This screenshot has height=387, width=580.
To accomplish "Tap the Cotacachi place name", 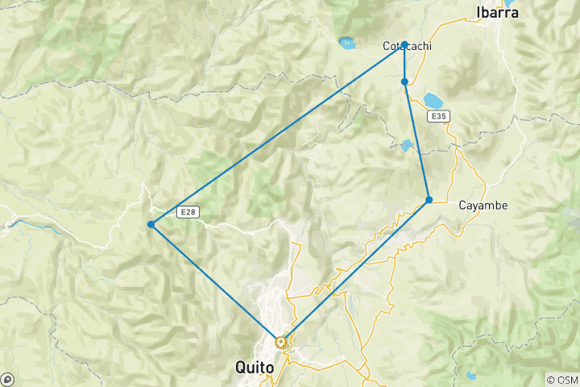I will [x=406, y=47].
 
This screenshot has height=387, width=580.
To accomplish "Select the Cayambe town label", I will [x=483, y=206].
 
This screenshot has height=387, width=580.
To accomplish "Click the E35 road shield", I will [x=438, y=117].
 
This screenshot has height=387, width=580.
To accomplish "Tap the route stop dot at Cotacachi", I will [x=404, y=44].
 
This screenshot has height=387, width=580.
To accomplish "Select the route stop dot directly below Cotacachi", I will [x=404, y=81].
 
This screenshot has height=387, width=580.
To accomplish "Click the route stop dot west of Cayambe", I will [x=429, y=199].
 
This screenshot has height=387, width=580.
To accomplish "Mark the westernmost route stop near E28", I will [x=151, y=224].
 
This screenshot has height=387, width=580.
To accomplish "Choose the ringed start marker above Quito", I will [x=281, y=342].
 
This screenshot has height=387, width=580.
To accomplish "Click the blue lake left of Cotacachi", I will [x=347, y=43].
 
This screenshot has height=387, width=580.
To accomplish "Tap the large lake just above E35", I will [x=433, y=101].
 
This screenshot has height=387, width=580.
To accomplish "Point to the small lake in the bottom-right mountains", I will [x=470, y=375].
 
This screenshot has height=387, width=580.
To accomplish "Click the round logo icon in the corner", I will [x=7, y=379].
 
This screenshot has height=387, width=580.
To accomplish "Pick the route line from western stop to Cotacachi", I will [x=278, y=134].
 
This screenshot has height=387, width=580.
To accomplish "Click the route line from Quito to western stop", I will [x=216, y=283].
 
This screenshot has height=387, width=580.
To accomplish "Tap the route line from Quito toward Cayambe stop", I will [x=354, y=271].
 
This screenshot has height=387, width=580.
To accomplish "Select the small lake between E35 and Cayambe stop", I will [x=407, y=145].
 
